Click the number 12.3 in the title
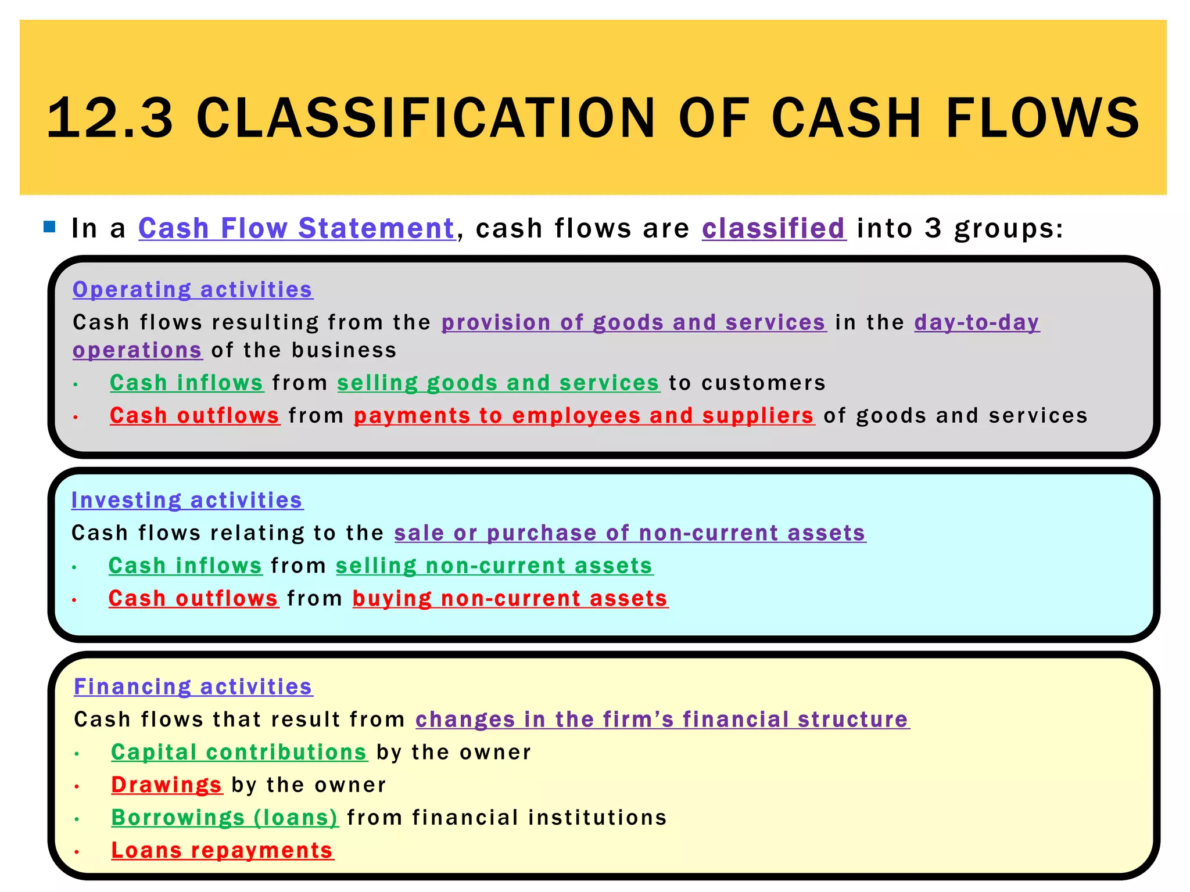click(110, 118)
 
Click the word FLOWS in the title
click(1042, 118)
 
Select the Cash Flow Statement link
click(296, 228)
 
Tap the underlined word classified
click(773, 228)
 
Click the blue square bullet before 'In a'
click(49, 227)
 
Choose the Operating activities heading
click(193, 289)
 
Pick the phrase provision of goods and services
click(633, 322)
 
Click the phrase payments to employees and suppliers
click(584, 416)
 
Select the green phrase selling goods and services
click(499, 383)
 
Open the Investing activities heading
click(187, 500)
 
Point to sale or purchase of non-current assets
click(630, 533)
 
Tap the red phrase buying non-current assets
click(510, 599)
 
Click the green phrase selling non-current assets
click(494, 566)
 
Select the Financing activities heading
click(193, 686)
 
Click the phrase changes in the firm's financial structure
click(662, 720)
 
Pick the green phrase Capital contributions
click(239, 752)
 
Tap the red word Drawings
click(167, 785)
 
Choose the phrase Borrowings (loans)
click(225, 818)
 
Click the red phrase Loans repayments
click(223, 850)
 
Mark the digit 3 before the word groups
click(933, 228)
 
